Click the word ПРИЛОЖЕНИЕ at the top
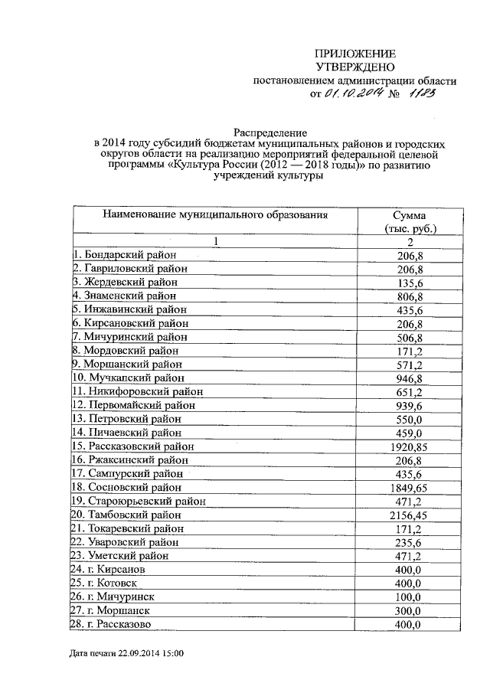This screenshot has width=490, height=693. [356, 54]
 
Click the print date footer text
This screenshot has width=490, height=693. [126, 655]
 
